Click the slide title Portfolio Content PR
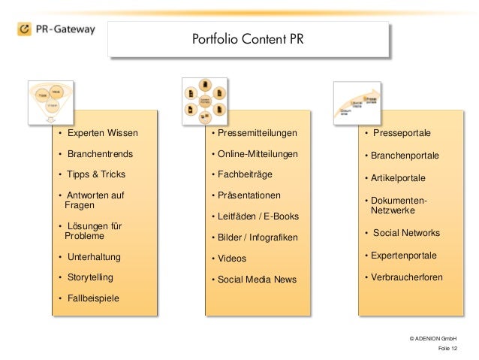click(x=249, y=38)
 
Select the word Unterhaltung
click(x=95, y=258)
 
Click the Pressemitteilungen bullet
click(x=254, y=134)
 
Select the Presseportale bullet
click(x=401, y=134)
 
